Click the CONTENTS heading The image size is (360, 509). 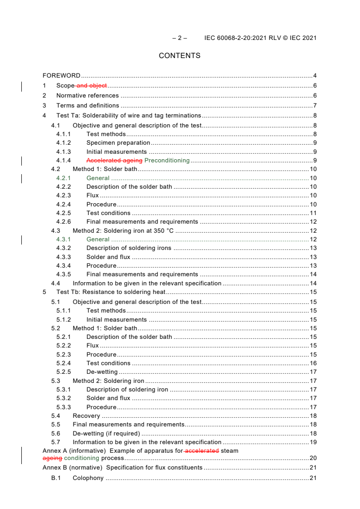(x=179, y=56)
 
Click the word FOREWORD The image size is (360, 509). (x=61, y=76)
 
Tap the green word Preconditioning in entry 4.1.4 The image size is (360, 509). (x=167, y=161)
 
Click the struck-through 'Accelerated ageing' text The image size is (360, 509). (x=114, y=161)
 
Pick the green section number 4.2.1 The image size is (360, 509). (x=64, y=178)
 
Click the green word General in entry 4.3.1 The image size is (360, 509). (x=98, y=240)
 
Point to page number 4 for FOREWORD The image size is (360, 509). (x=315, y=76)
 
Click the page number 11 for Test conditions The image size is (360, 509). (x=313, y=213)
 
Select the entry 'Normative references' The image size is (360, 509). (x=88, y=96)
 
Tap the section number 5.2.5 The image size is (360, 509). (x=64, y=372)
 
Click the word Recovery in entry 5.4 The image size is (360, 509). (x=86, y=416)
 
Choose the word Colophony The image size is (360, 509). (x=88, y=478)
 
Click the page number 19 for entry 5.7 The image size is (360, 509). (x=313, y=442)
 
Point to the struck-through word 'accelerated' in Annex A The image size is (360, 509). (x=202, y=451)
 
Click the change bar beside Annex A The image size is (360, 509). (x=22, y=455)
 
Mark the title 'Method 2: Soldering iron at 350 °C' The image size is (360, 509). (x=123, y=231)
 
